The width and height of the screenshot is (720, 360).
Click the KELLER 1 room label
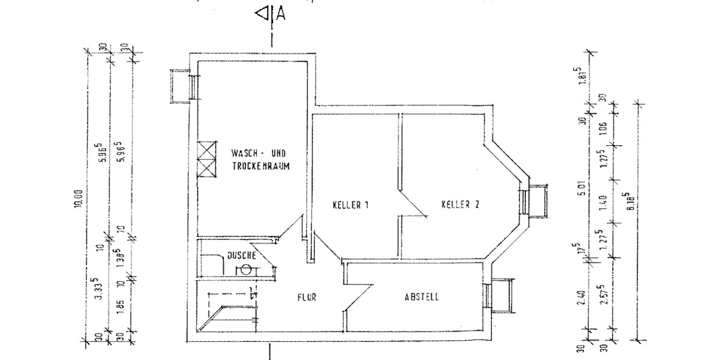(x=350, y=205)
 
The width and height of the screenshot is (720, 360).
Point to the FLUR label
(x=306, y=297)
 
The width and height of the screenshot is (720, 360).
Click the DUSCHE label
(x=241, y=256)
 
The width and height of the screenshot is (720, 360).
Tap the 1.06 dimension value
(x=603, y=127)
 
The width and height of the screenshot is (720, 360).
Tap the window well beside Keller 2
(x=536, y=202)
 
